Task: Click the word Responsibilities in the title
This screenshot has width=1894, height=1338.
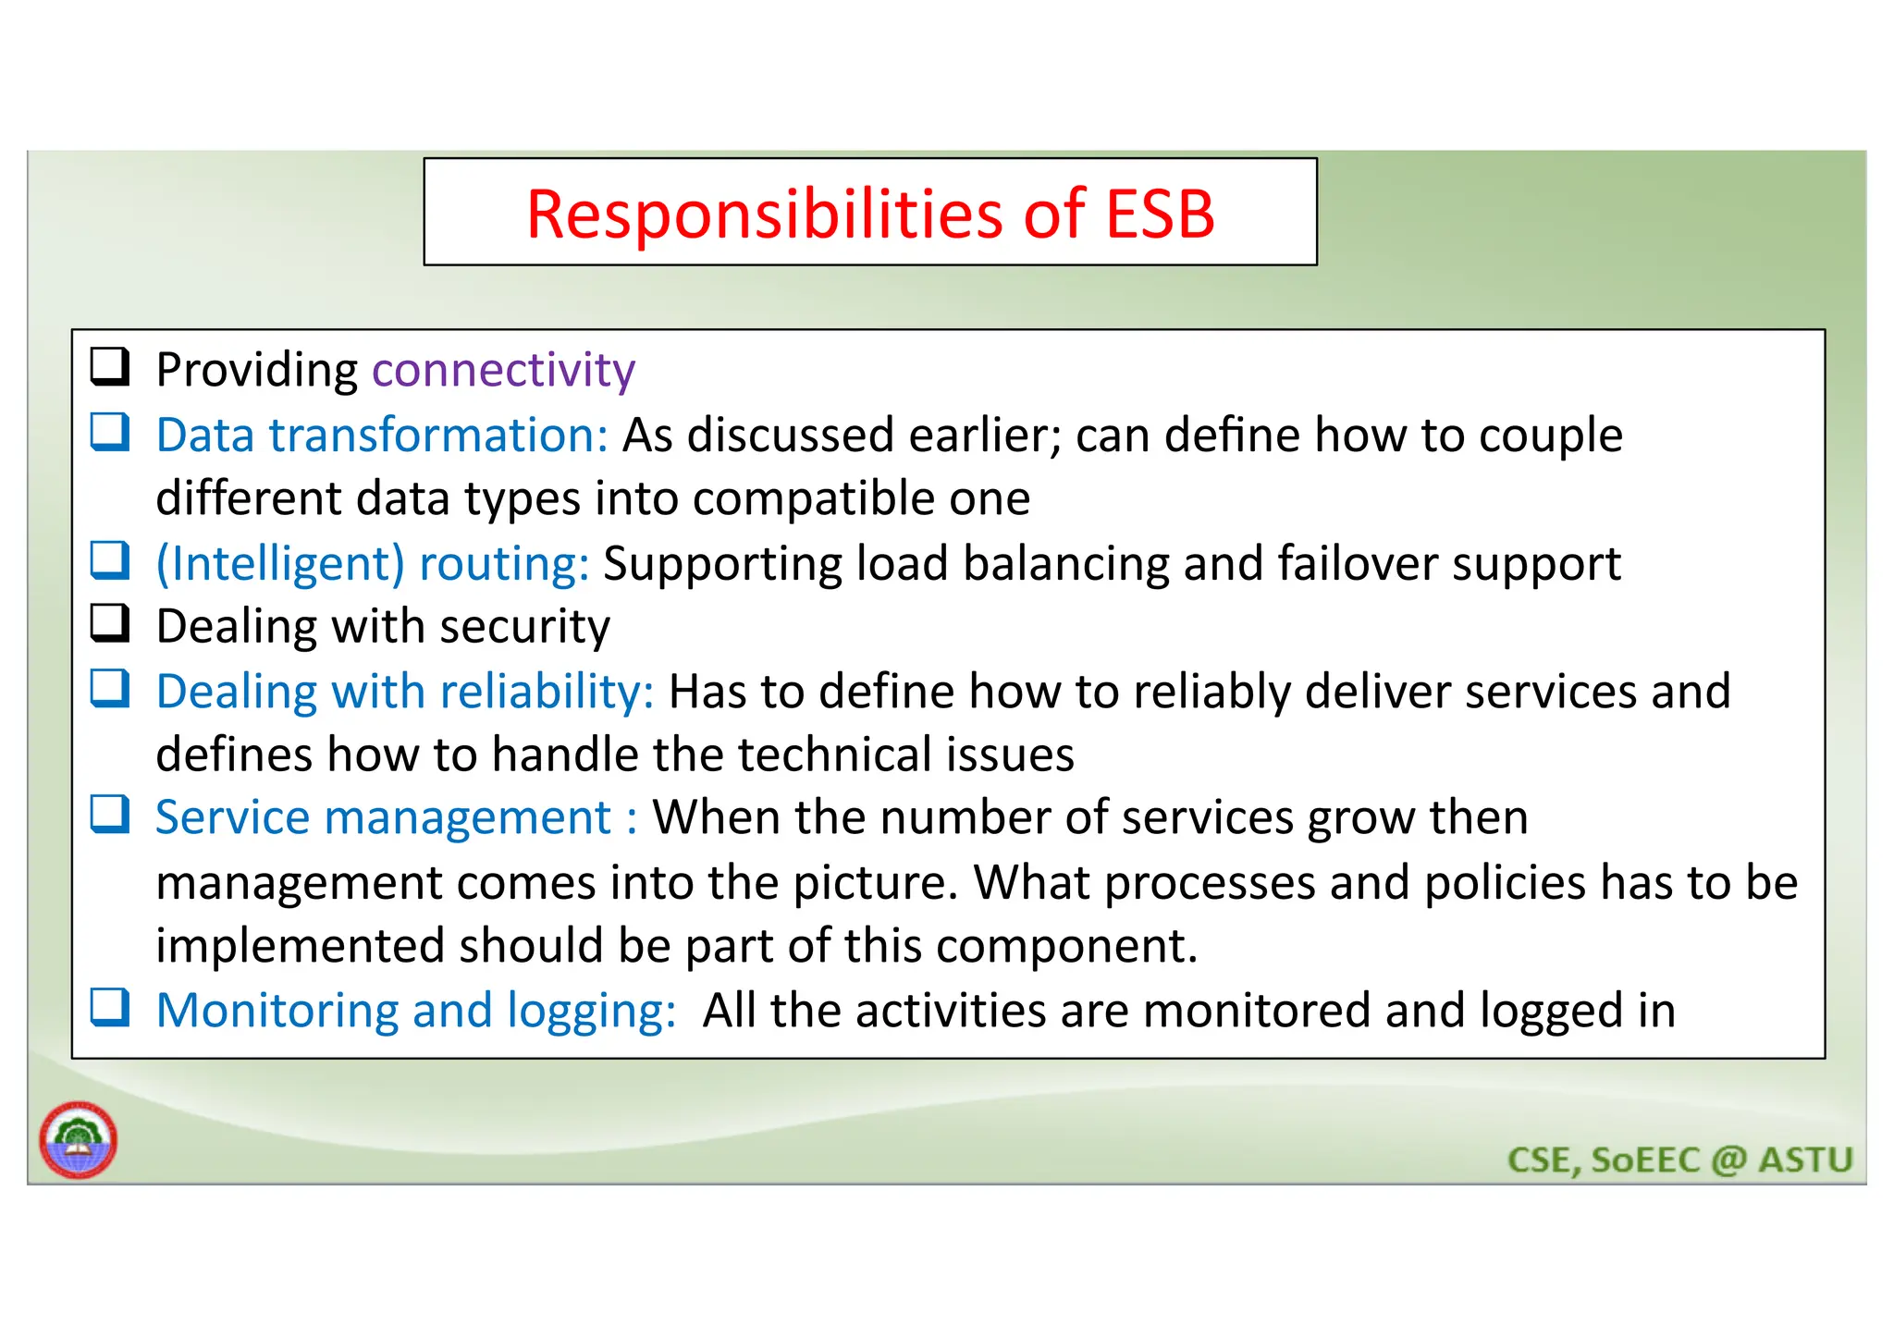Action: (x=766, y=215)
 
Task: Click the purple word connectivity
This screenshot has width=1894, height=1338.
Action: (x=503, y=371)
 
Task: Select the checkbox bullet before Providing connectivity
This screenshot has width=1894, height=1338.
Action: (x=109, y=366)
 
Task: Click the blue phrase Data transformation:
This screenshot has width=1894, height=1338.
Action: (x=381, y=436)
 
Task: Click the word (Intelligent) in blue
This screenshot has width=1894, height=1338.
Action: (x=280, y=564)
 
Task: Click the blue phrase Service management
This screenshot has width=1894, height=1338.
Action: (x=383, y=818)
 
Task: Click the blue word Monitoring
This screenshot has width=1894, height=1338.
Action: (x=277, y=1011)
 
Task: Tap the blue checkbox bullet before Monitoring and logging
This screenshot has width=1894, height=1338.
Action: (x=109, y=1007)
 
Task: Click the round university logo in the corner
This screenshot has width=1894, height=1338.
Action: (x=79, y=1140)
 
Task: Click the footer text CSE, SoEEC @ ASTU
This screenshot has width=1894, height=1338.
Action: (x=1679, y=1160)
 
